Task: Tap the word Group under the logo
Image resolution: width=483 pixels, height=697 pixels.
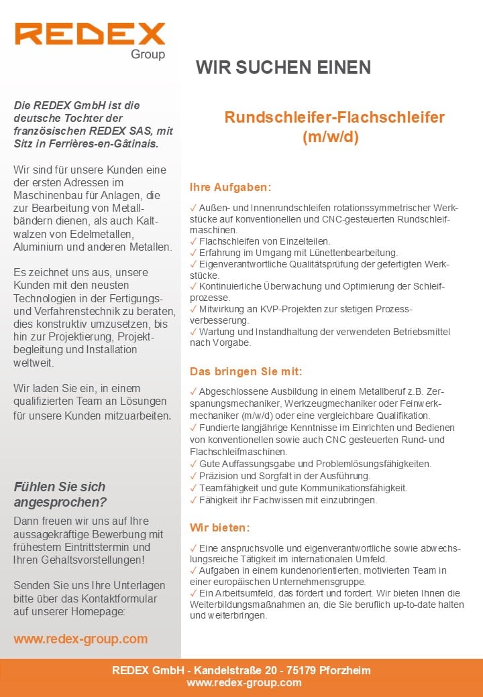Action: (148, 54)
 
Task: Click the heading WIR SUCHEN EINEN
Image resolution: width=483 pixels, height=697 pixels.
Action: (283, 67)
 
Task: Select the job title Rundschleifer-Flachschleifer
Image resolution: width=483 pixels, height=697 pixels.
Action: (334, 117)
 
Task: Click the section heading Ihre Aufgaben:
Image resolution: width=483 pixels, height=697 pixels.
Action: (230, 187)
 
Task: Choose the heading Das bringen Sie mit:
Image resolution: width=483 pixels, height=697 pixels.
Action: (246, 371)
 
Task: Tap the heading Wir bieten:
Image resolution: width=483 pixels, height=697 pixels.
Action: (219, 527)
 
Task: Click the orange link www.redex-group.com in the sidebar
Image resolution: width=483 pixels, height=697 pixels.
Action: (80, 639)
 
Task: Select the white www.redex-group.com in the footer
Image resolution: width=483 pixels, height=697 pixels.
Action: (244, 682)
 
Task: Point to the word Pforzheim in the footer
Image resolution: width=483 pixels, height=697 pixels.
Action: (345, 670)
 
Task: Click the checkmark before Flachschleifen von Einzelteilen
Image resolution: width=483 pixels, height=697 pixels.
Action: (193, 241)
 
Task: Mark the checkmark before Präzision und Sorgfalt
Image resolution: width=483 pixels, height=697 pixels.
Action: (193, 476)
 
